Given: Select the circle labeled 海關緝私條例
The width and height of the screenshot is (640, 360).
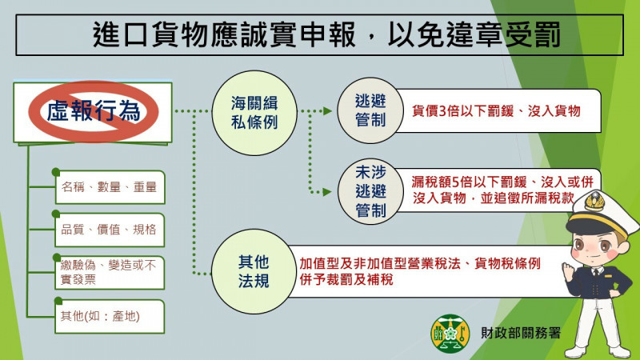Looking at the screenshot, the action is tap(254, 113).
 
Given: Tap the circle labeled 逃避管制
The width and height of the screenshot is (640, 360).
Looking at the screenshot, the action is tap(370, 110).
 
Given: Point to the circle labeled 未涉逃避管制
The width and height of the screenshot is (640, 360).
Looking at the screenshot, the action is tap(370, 191).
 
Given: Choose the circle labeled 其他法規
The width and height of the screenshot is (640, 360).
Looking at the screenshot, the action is tap(254, 271).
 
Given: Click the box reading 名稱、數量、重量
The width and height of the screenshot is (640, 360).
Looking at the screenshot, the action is tap(110, 187).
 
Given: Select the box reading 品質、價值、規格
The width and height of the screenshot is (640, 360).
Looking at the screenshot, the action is tap(110, 230).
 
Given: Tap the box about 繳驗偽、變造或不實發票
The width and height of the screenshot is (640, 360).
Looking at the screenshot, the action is tap(110, 272).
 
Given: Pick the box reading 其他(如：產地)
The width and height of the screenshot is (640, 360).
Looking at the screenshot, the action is tap(110, 316).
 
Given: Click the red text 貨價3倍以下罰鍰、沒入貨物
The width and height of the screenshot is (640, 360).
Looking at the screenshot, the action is tap(496, 110).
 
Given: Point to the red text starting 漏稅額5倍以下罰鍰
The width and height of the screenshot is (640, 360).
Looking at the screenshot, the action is tap(502, 190).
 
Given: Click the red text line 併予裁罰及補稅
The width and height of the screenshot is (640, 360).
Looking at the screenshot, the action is tap(346, 279).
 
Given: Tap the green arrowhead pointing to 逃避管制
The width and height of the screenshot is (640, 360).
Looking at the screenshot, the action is tap(327, 110).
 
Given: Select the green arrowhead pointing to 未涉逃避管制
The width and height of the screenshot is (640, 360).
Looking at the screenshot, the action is tap(327, 191).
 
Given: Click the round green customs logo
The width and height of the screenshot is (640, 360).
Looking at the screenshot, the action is tap(450, 334).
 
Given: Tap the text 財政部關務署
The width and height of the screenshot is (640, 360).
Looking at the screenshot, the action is tap(521, 333).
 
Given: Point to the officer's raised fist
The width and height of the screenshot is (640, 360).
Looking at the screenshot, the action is tap(569, 270).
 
